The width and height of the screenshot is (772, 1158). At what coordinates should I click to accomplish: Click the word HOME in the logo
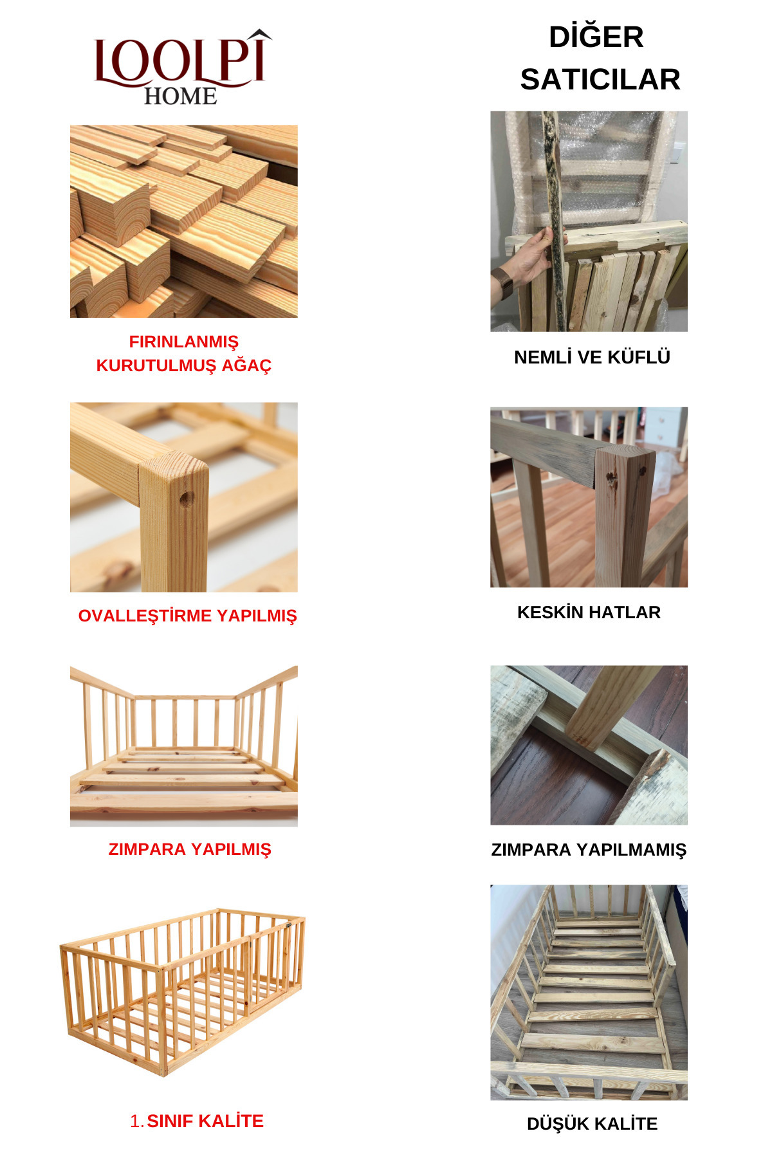(x=180, y=96)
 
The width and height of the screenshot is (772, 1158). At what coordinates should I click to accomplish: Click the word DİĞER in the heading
(x=596, y=37)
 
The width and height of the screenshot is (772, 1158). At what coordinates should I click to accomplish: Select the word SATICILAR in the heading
(x=600, y=80)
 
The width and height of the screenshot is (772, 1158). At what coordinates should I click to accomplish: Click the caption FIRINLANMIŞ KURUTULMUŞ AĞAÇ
(x=184, y=353)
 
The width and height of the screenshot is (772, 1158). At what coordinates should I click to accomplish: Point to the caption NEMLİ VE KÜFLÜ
(x=592, y=357)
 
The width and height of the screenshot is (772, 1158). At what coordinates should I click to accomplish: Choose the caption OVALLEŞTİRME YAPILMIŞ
(x=187, y=616)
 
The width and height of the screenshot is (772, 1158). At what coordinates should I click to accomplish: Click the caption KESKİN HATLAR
(x=589, y=612)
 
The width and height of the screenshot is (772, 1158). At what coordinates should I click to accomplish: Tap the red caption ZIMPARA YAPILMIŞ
(x=190, y=849)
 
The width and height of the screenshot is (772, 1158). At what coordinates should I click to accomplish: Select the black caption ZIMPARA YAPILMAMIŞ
(x=589, y=850)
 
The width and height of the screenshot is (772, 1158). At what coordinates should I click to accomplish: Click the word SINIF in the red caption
(x=170, y=1121)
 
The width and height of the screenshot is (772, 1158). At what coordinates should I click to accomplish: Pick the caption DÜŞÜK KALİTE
(x=592, y=1123)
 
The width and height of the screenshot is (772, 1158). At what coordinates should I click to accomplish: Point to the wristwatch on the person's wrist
(x=503, y=283)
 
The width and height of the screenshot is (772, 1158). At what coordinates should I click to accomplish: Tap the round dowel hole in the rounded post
(x=187, y=499)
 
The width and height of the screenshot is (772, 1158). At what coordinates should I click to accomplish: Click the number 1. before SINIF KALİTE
(x=137, y=1121)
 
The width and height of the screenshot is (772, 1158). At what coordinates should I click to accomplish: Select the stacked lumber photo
(x=184, y=221)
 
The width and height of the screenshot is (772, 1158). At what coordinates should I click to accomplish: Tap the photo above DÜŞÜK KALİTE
(x=589, y=992)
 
